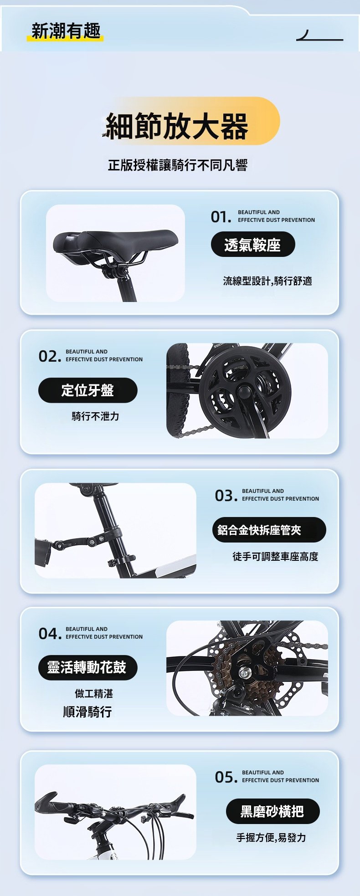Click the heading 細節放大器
[177, 126]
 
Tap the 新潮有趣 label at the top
[66, 31]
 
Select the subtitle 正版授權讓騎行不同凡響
[178, 165]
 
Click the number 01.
[221, 217]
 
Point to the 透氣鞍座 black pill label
[253, 245]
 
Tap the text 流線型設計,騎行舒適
[267, 281]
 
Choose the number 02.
[49, 356]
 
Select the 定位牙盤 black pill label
[87, 390]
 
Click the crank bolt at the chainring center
[245, 391]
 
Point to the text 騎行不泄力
[95, 416]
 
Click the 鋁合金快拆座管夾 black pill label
[269, 530]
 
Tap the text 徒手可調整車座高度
[275, 556]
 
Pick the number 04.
[49, 634]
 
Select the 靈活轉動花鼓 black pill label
[87, 667]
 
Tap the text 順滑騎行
[87, 712]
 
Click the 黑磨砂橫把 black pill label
[273, 811]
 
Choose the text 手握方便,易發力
[271, 837]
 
